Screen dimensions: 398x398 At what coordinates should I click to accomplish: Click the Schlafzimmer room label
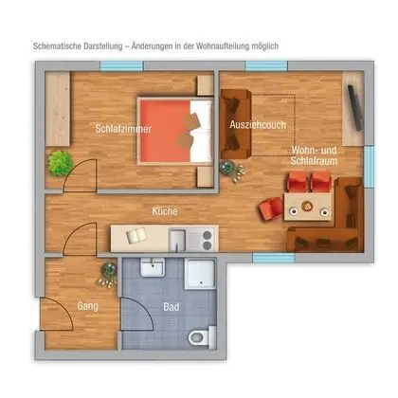tap(118, 129)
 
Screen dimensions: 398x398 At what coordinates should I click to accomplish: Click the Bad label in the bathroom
tap(171, 308)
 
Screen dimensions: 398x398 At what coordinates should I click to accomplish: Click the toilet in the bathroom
tap(198, 335)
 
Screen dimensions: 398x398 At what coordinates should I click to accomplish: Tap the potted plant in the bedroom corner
tap(62, 162)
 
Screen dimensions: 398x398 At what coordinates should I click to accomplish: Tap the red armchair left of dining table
tap(272, 205)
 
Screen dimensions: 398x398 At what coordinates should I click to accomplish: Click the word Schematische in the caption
tap(61, 45)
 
